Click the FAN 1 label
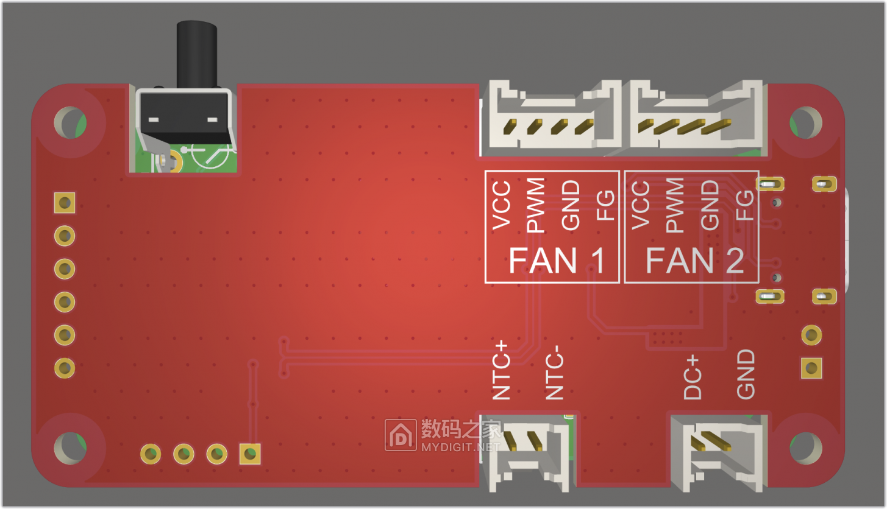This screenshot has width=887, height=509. pos(556,261)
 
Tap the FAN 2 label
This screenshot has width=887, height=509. pos(694,261)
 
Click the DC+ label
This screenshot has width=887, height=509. pos(693,377)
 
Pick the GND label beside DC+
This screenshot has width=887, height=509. pos(746,374)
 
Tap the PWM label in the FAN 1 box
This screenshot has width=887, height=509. pos(535,206)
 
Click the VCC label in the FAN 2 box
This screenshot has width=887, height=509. pos(641,206)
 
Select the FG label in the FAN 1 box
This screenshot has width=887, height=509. pos(605,206)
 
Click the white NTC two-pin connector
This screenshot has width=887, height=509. pos(529,453)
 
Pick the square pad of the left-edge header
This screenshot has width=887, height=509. pos(65,202)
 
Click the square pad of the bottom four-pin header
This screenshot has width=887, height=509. pos(249,453)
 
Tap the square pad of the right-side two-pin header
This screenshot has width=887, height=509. pos(811,367)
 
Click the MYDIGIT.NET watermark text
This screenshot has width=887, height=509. pos(460,447)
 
